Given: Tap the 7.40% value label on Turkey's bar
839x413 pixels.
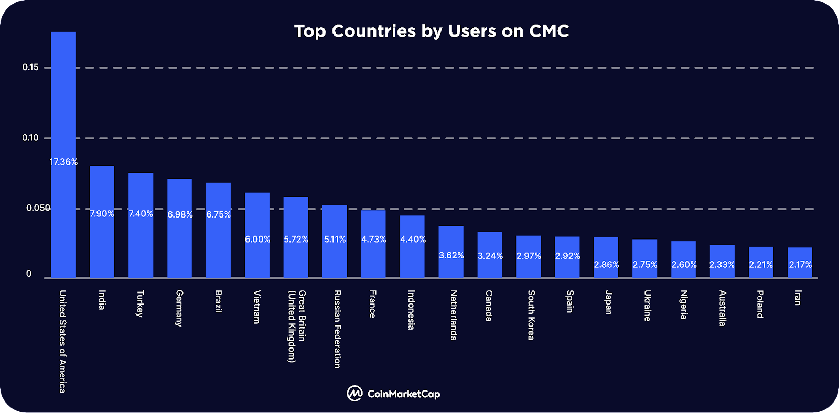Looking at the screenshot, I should pos(141,214).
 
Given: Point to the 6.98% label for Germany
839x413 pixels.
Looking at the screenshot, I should pos(180,215).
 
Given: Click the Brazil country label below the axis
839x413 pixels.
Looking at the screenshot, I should pos(218,301).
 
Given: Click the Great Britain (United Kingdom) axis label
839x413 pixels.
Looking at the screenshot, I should pos(296,326).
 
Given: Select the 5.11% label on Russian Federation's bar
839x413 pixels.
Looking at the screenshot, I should pos(335,240).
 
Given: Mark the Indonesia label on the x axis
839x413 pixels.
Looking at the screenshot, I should pos(412,310).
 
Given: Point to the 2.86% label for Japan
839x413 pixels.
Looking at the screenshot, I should pos(606,265).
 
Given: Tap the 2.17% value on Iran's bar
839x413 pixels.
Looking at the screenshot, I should pos(800,265).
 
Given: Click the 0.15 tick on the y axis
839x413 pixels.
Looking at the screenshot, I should pos(30,67).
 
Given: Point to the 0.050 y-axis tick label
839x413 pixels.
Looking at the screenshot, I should pos(38,208).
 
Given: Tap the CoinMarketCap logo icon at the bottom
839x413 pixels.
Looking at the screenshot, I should pos(354,394).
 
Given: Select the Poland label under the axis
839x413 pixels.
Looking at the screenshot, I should pos(760,304).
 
